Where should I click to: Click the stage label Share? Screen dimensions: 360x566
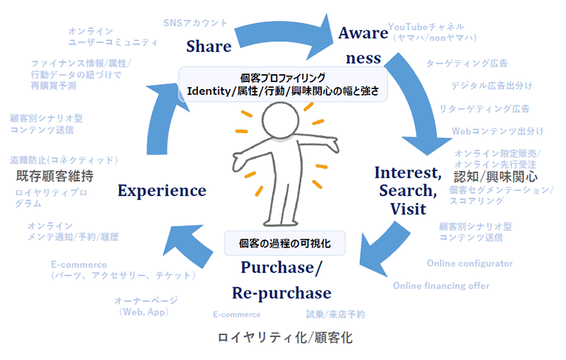point(209,47)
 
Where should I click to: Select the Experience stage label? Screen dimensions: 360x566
point(162,190)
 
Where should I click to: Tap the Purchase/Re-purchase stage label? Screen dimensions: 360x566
point(282,279)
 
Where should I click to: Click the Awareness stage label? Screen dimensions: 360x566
point(363,45)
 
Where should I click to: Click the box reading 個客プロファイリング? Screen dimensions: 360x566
point(283,84)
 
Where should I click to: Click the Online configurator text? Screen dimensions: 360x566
point(470,264)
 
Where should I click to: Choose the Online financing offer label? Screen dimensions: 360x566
point(441,286)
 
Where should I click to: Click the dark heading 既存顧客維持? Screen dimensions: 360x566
point(54,175)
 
